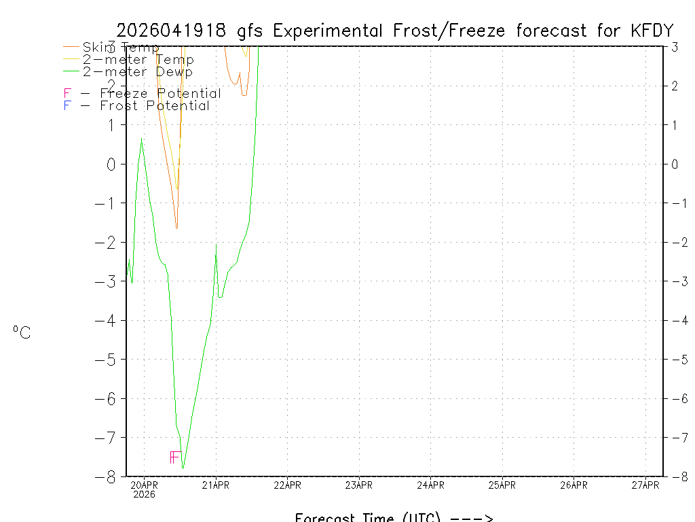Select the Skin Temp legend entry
click(120, 48)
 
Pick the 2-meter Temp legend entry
click(138, 60)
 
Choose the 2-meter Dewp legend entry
click(137, 72)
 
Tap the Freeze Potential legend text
click(160, 94)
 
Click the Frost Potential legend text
click(155, 106)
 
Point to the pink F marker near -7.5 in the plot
click(174, 457)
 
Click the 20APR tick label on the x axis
click(144, 485)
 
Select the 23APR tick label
click(359, 485)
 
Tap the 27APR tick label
click(645, 485)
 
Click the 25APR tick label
click(502, 485)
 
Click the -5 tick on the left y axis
click(109, 360)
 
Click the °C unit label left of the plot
click(22, 332)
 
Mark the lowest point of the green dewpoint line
click(183, 468)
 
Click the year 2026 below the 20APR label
click(144, 495)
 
